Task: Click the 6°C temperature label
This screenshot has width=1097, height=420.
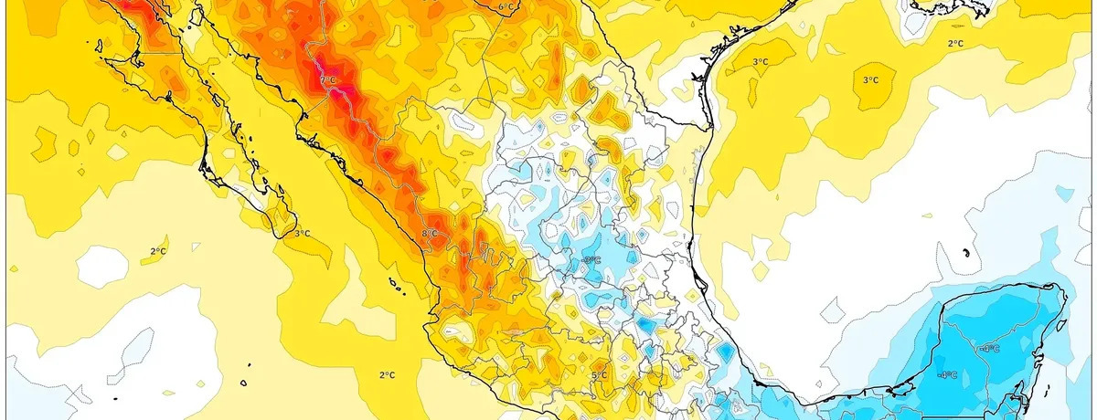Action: [x=506, y=7]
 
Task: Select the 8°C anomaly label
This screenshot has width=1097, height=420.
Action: [x=430, y=235]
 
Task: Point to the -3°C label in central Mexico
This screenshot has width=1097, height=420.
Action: [x=591, y=260]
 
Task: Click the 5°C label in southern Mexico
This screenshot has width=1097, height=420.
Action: [x=599, y=374]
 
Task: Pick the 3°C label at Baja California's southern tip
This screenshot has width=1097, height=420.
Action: [x=302, y=234]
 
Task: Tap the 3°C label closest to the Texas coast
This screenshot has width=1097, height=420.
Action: [x=760, y=61]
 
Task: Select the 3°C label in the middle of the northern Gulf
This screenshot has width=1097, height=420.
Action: [x=870, y=80]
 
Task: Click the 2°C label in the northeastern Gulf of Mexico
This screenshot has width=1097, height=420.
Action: [x=955, y=43]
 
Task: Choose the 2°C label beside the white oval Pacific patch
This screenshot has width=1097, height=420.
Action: [x=157, y=250]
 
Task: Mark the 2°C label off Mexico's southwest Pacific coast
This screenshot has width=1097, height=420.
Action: [x=387, y=374]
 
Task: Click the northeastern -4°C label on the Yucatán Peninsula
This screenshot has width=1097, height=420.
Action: [x=990, y=348]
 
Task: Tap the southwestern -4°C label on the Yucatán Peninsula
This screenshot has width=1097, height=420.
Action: [x=947, y=374]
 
